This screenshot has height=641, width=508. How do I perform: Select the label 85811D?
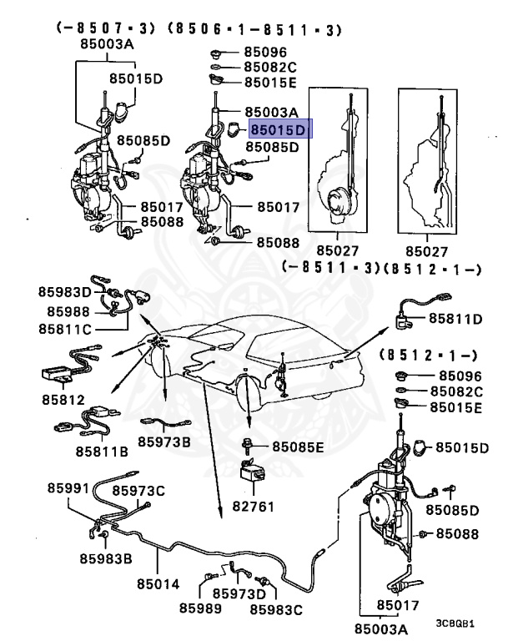point(456,318)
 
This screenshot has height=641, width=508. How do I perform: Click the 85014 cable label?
point(159,583)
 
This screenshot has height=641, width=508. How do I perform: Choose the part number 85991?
point(68,487)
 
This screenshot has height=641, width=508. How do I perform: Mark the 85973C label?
point(139,491)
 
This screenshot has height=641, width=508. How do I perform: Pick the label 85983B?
point(106,558)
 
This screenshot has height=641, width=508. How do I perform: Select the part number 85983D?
point(64,291)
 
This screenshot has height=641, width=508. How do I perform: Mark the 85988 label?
point(58,310)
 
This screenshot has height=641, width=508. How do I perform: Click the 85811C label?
point(64,329)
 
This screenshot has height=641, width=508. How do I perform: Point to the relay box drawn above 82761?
point(251,473)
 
